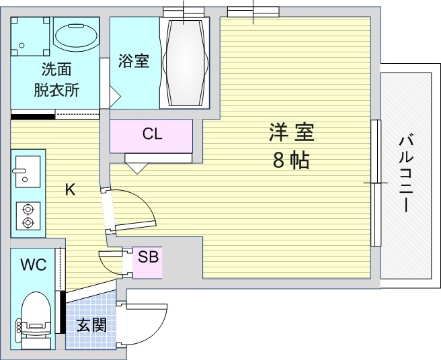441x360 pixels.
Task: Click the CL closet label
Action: point(152,134)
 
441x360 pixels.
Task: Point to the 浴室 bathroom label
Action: point(133,60)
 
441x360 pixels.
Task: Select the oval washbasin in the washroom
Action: point(75,40)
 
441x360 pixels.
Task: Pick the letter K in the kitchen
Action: point(70,190)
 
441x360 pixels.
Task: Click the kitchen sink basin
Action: point(27,170)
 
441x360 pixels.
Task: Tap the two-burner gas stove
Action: point(28,214)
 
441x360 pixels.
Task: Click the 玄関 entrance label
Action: point(91,326)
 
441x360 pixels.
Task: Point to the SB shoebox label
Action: point(148,256)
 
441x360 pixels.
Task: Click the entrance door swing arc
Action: point(148,322)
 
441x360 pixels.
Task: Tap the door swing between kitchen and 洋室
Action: point(134,208)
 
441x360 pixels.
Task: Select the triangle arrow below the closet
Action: point(138,167)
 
